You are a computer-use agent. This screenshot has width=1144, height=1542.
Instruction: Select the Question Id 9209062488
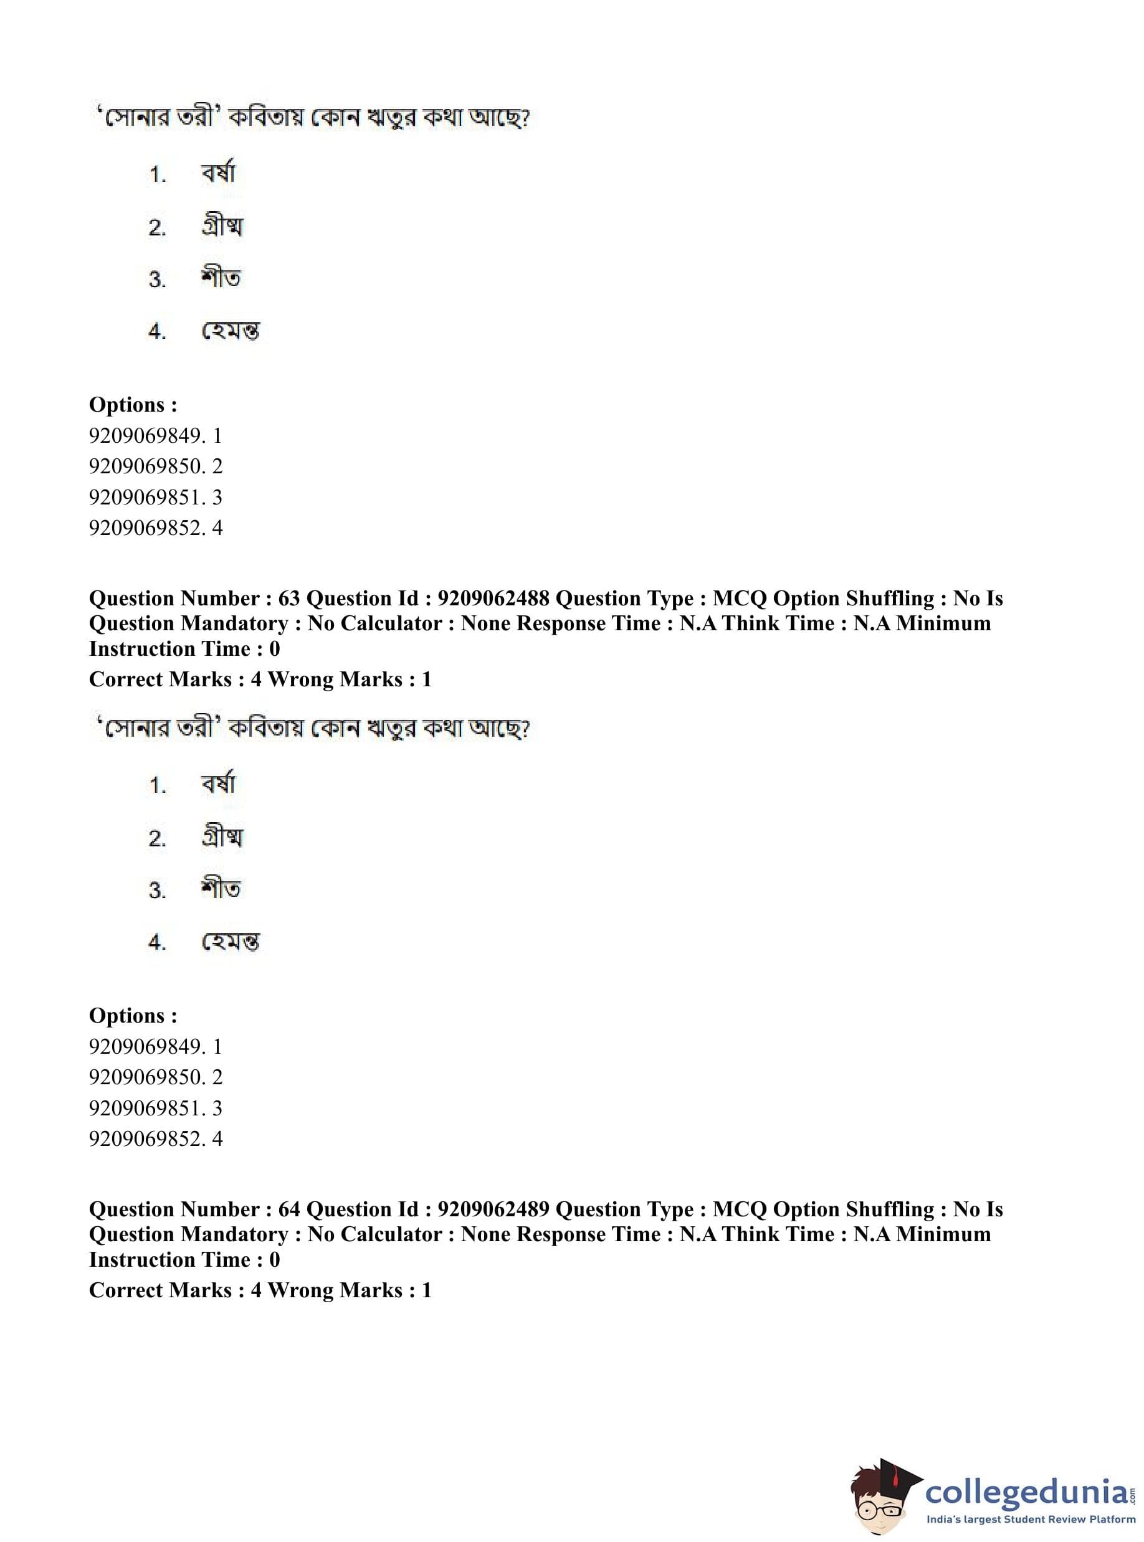click(x=493, y=598)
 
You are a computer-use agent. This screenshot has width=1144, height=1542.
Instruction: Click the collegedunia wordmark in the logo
click(x=1026, y=1493)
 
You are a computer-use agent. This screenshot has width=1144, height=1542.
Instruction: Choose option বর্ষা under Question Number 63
click(x=218, y=784)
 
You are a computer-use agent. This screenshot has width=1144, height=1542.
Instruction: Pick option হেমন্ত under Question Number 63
click(x=230, y=942)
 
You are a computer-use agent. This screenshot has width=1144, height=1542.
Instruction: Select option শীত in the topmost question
click(x=221, y=278)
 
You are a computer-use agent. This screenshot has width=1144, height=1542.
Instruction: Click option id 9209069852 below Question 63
click(x=146, y=1138)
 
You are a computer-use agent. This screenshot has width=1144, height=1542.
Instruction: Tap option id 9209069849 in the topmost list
click(x=146, y=435)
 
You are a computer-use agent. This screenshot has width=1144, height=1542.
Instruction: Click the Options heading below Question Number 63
click(x=133, y=1015)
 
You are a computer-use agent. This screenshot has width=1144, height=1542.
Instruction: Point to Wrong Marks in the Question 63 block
click(x=335, y=679)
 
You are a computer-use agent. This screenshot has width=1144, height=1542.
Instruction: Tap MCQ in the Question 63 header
click(x=740, y=598)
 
